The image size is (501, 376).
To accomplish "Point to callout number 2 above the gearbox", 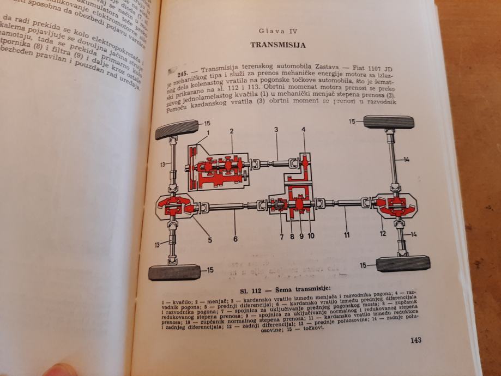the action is coord(232,132).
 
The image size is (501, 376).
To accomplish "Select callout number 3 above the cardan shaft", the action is coord(276,130).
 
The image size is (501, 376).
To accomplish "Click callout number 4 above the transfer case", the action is coord(304,129).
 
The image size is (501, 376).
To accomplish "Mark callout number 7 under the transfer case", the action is coord(281,236).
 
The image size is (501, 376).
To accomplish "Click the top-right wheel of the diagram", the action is coord(389,122).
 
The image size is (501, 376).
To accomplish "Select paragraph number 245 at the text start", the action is coord(182,73).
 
